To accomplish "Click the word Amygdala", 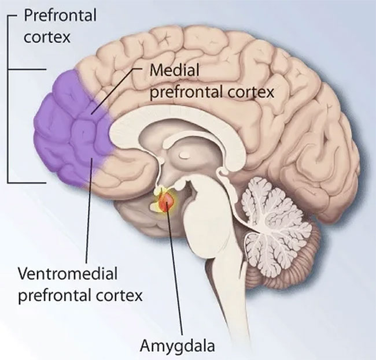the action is point(177,346).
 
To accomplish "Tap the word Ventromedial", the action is point(68,273).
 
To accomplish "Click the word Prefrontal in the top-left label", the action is point(60,15).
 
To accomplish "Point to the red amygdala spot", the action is point(165,202).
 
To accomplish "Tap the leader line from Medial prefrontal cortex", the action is point(116,91).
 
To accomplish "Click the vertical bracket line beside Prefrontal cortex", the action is point(8,99).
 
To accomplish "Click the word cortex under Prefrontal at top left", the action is point(47,37).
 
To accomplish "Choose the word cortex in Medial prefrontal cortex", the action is point(251,92).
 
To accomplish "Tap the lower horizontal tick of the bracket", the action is point(27,183).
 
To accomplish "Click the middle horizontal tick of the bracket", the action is point(27,69).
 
